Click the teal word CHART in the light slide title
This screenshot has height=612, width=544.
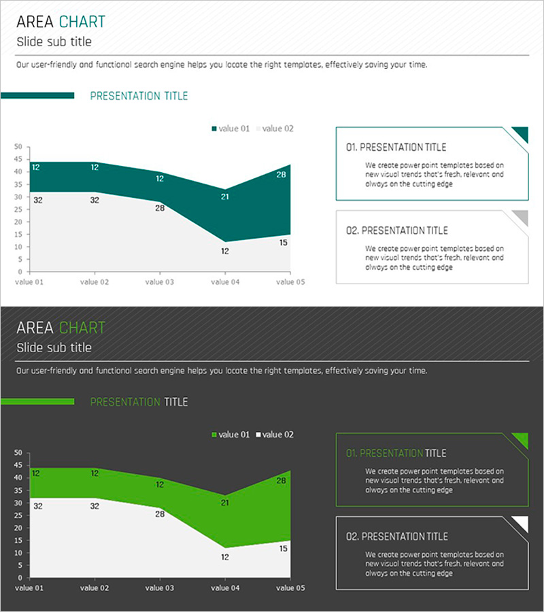coord(82,22)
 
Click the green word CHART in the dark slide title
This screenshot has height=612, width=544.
coord(82,328)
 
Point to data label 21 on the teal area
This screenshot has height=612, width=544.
coord(224,197)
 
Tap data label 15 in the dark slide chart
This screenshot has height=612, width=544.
coord(284,548)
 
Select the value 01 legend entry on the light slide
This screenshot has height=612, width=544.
coord(231,129)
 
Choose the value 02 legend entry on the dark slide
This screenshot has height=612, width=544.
coord(275,435)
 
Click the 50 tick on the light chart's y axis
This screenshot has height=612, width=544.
coord(18,146)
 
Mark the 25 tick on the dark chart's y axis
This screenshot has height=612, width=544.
coord(18,515)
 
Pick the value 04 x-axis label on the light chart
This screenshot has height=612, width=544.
coord(224,281)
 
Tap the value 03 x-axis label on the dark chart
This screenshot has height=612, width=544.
coord(160,588)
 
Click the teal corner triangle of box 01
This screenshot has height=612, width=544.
coord(522,133)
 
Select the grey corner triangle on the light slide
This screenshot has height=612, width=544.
coord(522,217)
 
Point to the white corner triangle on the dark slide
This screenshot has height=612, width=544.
coord(522,523)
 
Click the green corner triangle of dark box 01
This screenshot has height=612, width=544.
coord(522,439)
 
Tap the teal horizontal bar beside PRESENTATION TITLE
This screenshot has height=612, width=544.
coord(37,96)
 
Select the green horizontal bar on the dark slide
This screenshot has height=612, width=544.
coord(37,402)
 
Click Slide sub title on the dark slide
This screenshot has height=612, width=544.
coord(54,347)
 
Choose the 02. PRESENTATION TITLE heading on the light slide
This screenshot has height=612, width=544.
coord(397,231)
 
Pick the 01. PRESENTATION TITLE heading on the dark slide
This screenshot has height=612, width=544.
coord(396,453)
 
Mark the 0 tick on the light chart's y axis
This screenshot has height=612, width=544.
coord(21,271)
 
